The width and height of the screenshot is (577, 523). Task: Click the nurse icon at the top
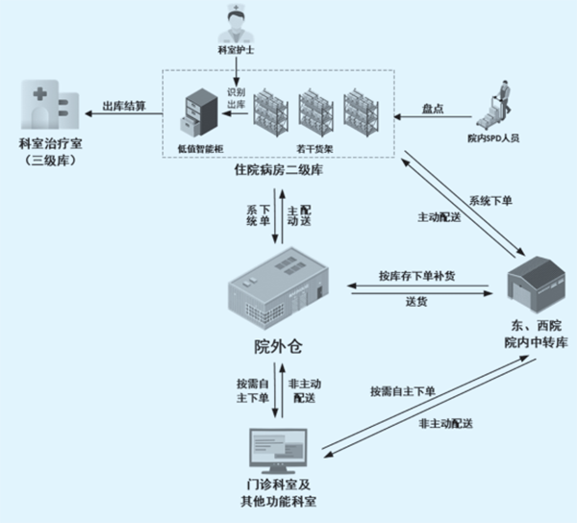click(234, 22)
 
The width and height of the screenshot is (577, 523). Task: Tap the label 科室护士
click(235, 47)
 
